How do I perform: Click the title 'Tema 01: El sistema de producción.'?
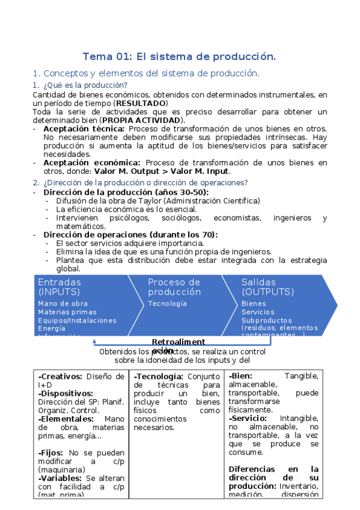179,57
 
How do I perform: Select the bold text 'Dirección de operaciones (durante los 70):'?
130,235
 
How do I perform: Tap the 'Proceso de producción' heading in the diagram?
174,287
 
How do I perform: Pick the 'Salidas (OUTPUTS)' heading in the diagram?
267,287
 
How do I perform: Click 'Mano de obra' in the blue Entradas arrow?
63,304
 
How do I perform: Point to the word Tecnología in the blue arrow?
167,304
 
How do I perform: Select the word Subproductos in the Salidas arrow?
266,321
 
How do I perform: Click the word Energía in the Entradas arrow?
52,329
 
